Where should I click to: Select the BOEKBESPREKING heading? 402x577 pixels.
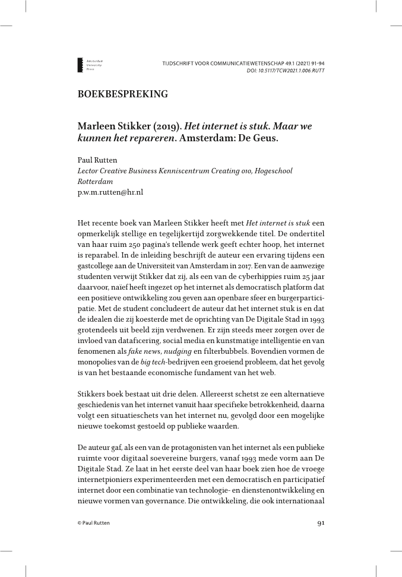coord(123,94)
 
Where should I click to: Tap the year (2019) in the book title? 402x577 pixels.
coord(169,126)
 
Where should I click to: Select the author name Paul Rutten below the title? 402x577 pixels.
coord(97,160)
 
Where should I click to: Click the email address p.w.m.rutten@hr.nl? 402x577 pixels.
coord(110,192)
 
